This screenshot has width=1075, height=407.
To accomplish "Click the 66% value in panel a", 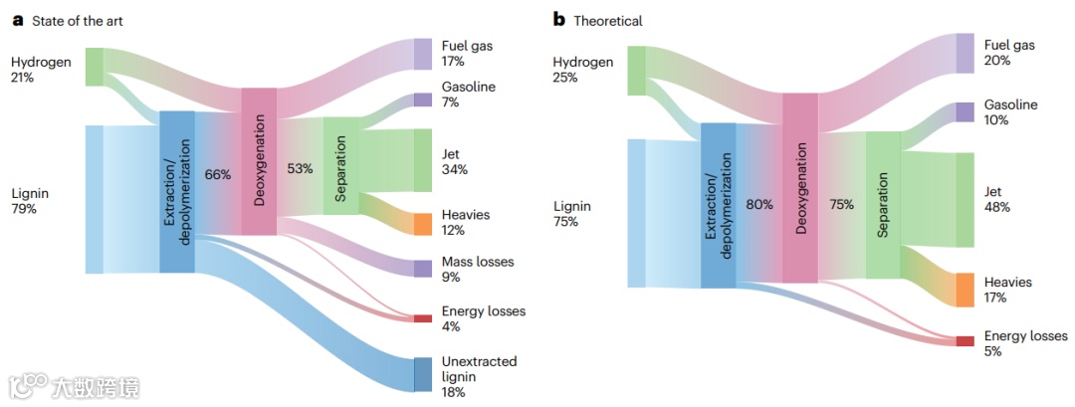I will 217,174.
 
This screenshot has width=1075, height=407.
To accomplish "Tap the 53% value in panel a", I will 300,168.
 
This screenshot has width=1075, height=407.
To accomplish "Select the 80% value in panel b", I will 759,204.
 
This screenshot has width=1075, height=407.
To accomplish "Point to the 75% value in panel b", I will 841,204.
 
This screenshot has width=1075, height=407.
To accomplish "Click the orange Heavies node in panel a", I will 422,224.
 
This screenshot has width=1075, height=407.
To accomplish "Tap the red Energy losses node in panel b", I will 965,341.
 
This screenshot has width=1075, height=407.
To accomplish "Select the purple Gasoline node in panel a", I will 422,100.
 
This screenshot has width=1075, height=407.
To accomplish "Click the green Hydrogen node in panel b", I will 637,71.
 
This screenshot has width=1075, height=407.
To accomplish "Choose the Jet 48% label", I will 996,199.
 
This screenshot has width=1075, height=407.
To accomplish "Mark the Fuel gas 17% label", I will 467,54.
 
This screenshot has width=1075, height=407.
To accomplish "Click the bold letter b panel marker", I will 558,20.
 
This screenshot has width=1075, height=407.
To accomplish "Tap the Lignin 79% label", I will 30,201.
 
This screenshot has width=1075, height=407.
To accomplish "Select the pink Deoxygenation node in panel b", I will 799,188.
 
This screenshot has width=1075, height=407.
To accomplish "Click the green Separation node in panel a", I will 339,165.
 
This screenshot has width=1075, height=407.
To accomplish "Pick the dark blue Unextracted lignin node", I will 422,374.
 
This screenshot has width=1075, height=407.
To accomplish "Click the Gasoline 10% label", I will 1010,112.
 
